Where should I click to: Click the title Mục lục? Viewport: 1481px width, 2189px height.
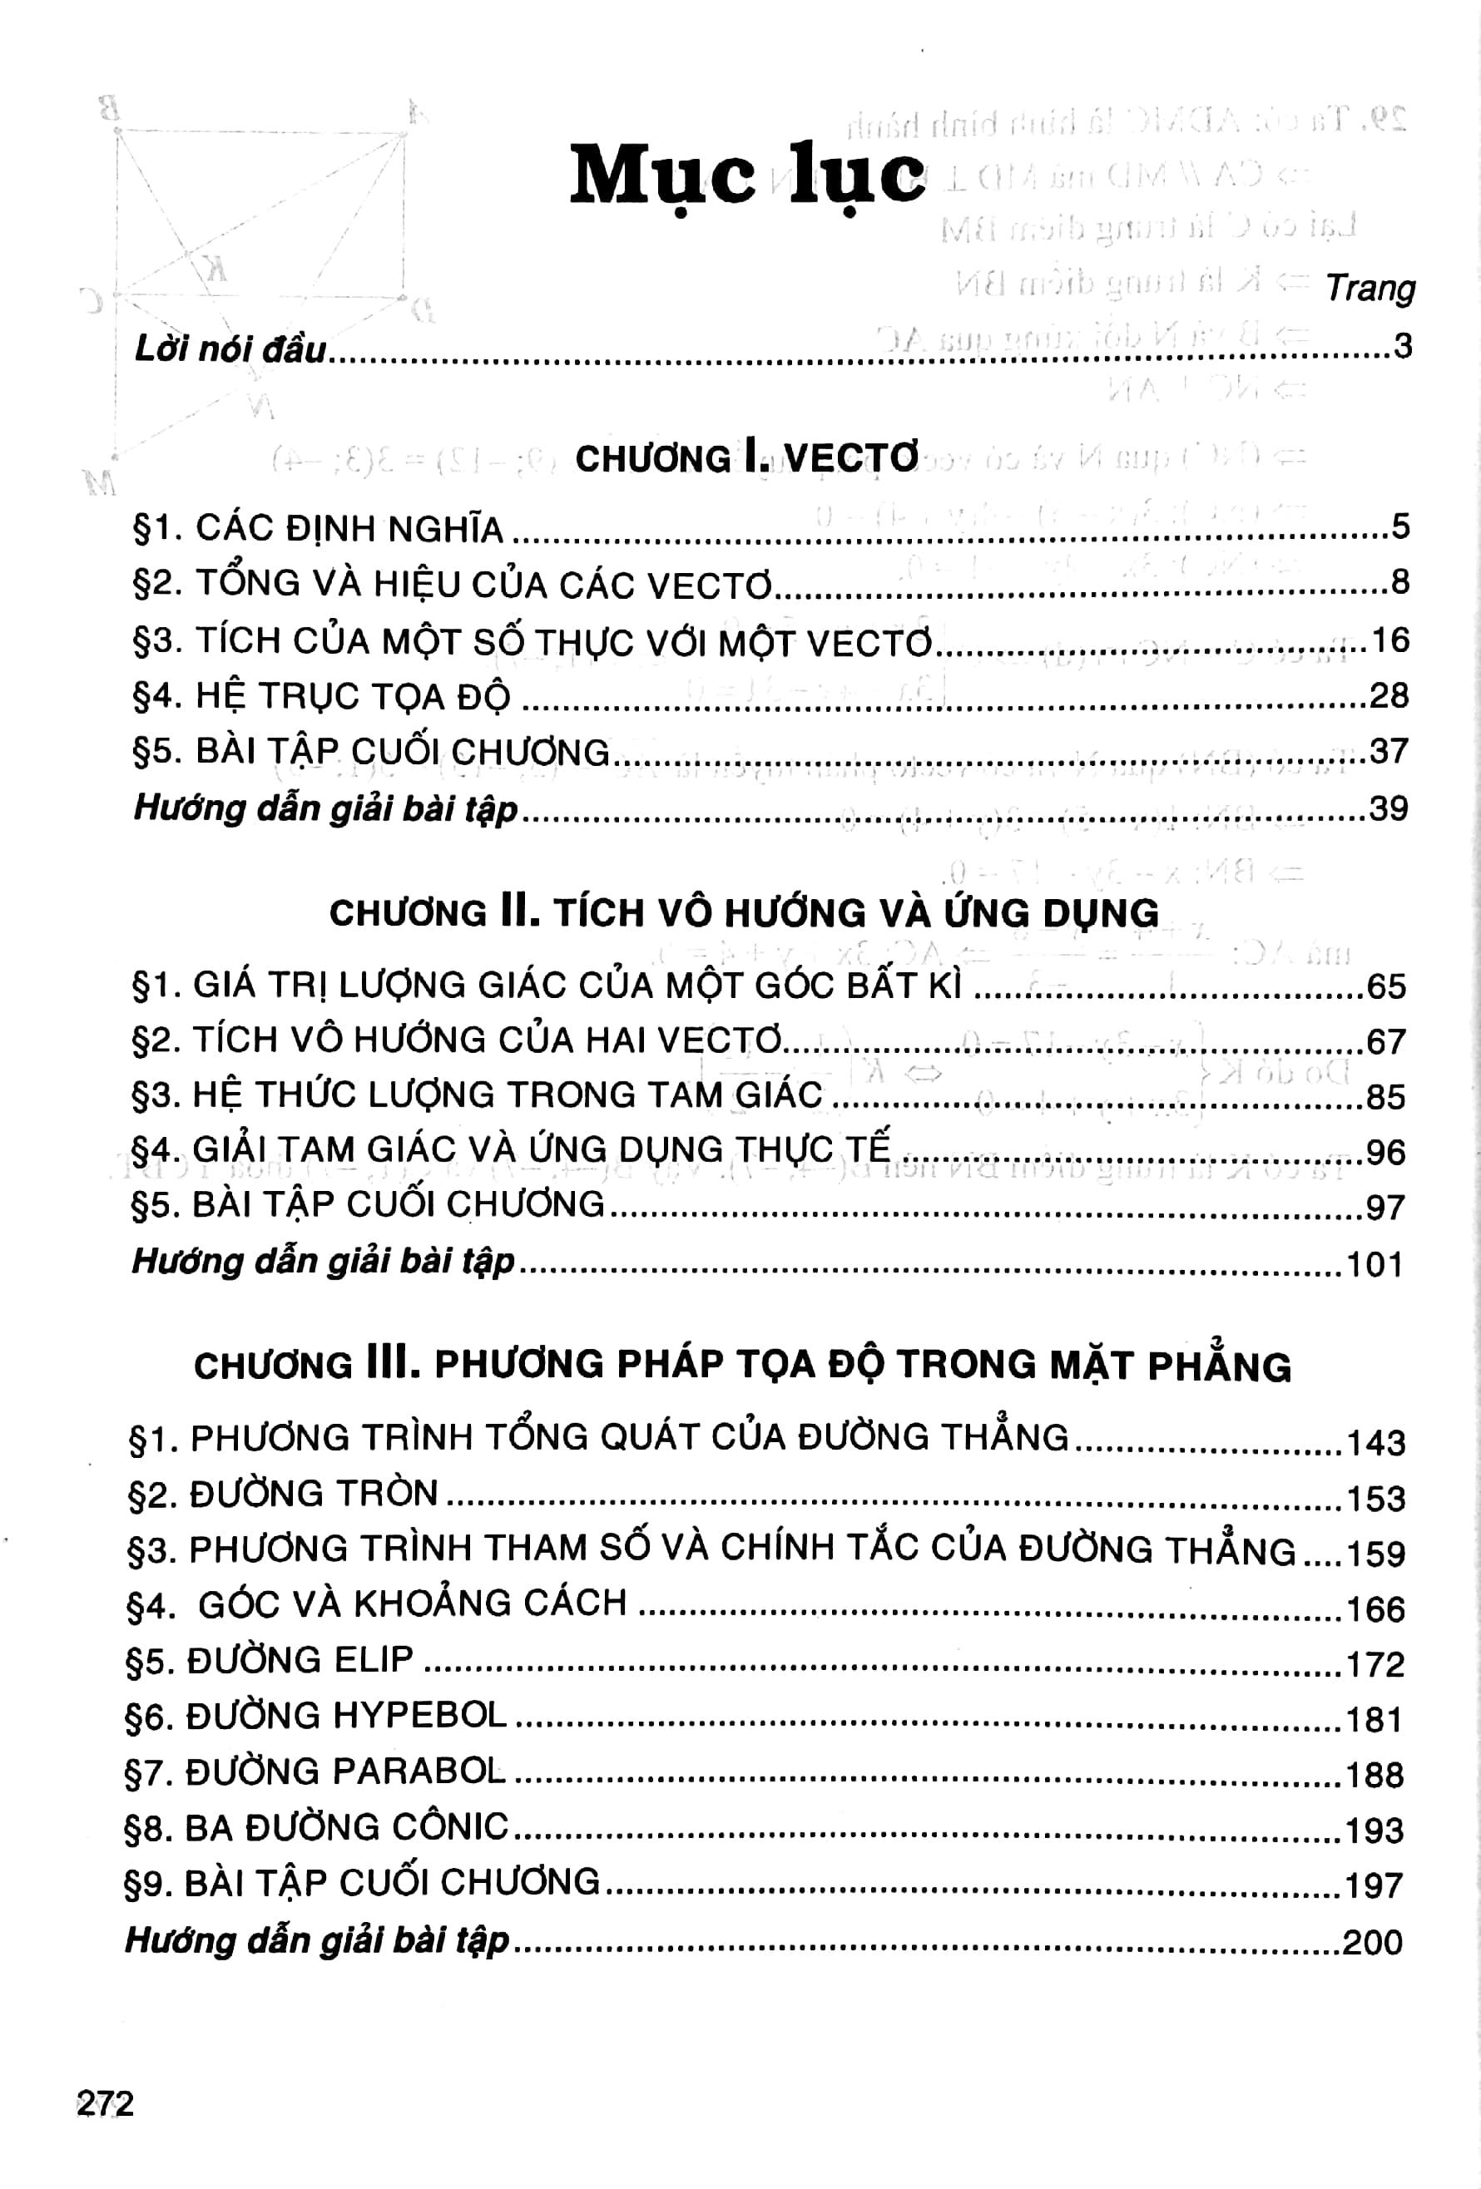click(747, 176)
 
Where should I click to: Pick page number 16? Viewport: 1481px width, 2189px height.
click(1389, 640)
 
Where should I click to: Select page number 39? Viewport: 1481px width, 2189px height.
click(1388, 808)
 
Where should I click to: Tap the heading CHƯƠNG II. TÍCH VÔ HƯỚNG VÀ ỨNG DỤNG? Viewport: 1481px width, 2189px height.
click(745, 912)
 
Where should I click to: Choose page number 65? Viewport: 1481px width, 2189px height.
click(1386, 986)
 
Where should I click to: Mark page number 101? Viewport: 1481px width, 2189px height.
click(1375, 1264)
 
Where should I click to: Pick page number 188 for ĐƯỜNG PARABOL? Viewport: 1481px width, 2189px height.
click(1375, 1775)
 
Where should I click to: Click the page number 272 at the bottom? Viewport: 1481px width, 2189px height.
click(106, 2104)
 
